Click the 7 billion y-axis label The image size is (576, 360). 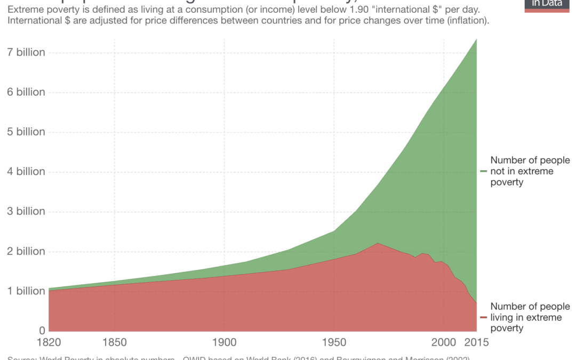coord(22,52)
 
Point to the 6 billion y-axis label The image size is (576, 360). coord(22,92)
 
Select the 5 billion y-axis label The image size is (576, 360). coord(22,132)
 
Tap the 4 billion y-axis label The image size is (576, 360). coord(22,171)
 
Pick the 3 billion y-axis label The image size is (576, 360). coord(22,211)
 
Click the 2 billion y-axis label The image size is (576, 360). coord(22,251)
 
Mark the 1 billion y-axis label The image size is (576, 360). coord(22,291)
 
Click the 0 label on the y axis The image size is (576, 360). coord(41,330)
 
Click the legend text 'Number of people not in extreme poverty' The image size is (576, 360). coord(530,171)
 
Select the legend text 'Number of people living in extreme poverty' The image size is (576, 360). coord(530,317)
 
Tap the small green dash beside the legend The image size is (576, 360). coord(484,171)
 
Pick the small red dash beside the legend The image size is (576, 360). coord(484,317)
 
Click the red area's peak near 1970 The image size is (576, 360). coord(378,244)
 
